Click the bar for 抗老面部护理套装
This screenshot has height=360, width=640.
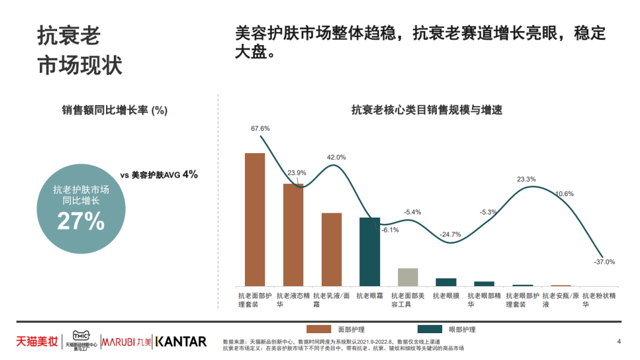[255, 219]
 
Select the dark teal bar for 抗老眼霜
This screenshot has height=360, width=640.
[369, 252]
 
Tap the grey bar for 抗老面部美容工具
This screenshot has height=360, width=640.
[408, 277]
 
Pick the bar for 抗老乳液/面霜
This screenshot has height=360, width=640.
[331, 249]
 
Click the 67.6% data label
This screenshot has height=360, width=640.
[260, 128]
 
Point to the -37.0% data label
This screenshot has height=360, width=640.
[604, 262]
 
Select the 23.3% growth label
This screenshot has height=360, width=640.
[526, 179]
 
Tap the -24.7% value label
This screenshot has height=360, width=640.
[450, 234]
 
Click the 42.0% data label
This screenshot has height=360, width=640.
[336, 157]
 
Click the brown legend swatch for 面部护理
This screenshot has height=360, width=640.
[318, 329]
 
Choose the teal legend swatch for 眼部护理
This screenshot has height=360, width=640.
[430, 329]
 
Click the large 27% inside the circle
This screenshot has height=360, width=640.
[81, 221]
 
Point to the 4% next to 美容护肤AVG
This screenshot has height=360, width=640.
[190, 174]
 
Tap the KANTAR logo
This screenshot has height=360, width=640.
[181, 342]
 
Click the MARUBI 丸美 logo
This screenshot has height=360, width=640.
[126, 342]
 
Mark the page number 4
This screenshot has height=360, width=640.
[619, 341]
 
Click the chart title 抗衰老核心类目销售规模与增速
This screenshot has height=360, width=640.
[427, 110]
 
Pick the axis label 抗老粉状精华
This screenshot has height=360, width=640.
[599, 299]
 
